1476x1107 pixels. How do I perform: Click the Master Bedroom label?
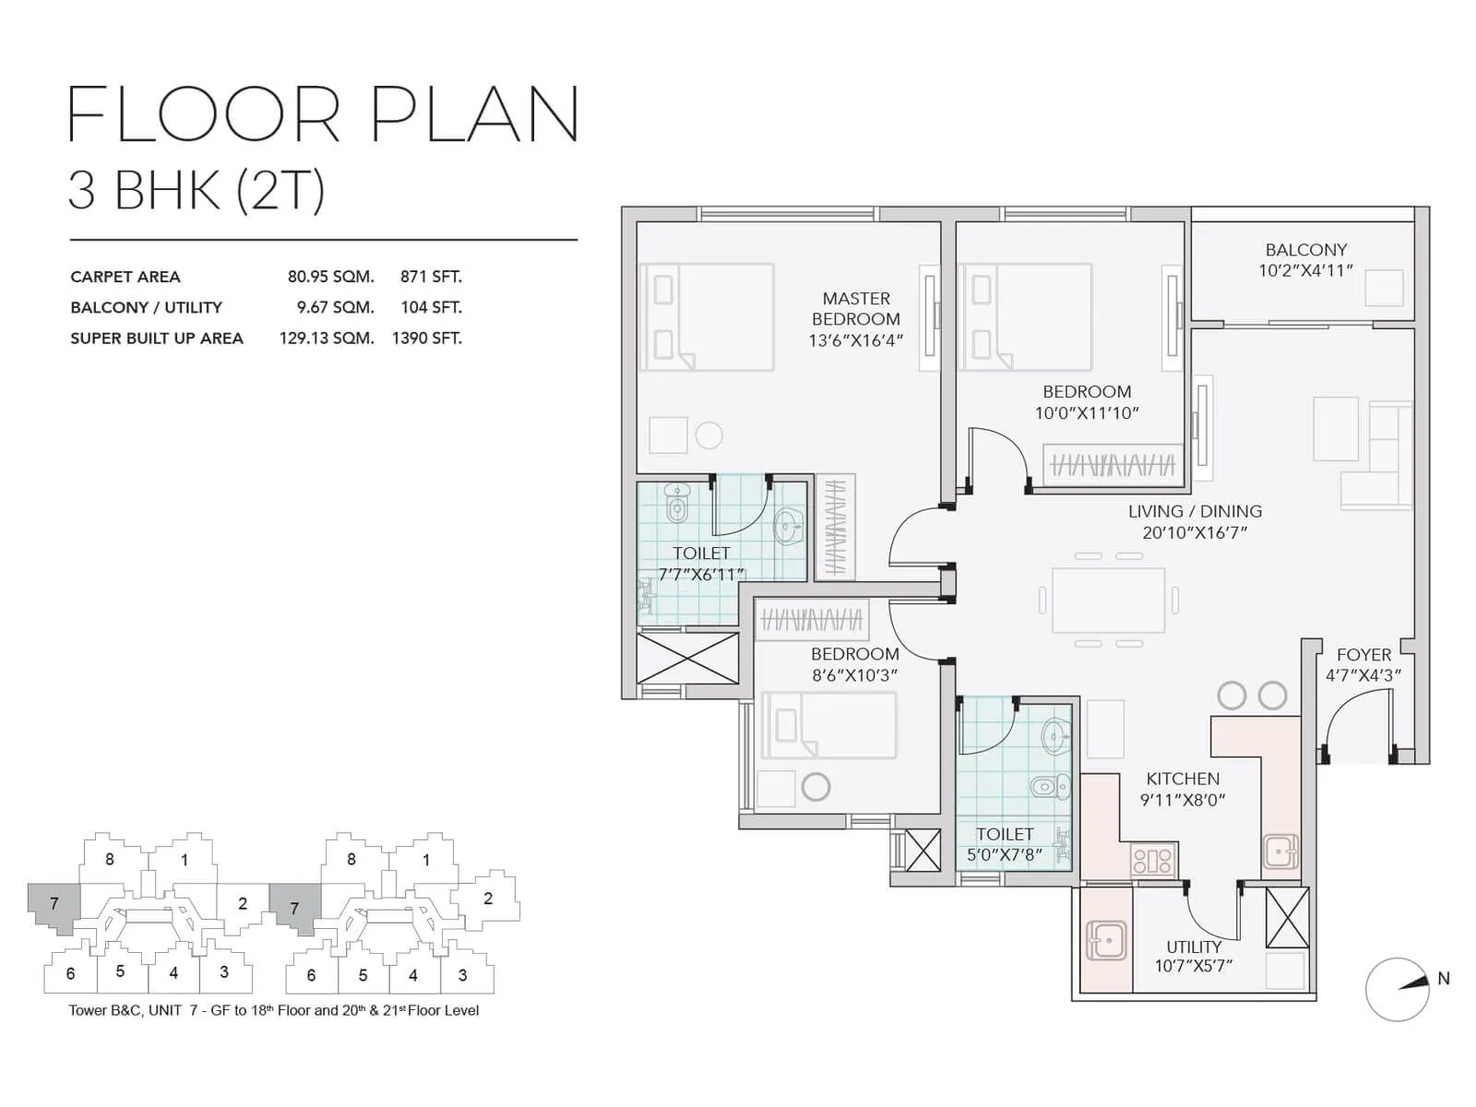(x=856, y=308)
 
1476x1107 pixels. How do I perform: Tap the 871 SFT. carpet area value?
(x=431, y=277)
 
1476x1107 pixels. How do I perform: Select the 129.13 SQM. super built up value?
(x=327, y=339)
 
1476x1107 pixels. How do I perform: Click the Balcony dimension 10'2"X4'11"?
(x=1305, y=271)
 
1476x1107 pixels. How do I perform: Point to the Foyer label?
(x=1363, y=655)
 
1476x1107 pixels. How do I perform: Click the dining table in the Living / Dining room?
(x=1109, y=600)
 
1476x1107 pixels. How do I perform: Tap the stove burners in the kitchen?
(x=1152, y=862)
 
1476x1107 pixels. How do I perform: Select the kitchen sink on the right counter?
(x=1280, y=851)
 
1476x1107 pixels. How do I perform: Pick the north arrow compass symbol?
(x=1398, y=989)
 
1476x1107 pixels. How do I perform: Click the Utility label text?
(x=1194, y=946)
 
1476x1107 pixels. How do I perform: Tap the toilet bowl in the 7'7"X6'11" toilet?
(x=678, y=504)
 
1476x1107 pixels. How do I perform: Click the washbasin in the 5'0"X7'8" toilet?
(x=1056, y=736)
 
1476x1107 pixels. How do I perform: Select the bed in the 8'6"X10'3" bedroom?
(x=828, y=725)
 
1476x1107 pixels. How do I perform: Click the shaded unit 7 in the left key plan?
(x=54, y=906)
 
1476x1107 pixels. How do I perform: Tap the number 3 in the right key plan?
(x=462, y=975)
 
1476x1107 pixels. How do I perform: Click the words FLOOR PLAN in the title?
(x=323, y=115)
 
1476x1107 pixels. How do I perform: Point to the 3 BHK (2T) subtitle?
(x=196, y=191)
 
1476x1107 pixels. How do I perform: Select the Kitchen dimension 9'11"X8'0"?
(x=1183, y=801)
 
